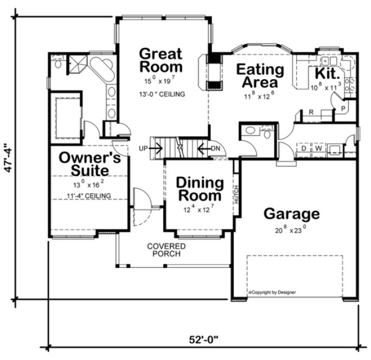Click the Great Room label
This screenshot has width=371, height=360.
coord(161,60)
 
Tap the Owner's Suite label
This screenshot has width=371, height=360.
coord(89,163)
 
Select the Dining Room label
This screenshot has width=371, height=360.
coord(199,189)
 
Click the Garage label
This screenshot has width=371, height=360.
coord(291,214)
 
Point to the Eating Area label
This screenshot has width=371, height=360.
coord(260,76)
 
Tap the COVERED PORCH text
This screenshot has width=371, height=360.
coord(166,249)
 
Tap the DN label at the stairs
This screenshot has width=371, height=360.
coord(215,147)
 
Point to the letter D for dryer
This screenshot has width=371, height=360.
coord(304,147)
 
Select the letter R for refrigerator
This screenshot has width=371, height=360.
coord(311,113)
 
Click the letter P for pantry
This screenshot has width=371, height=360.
coord(343,108)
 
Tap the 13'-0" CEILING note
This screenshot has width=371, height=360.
coord(161,94)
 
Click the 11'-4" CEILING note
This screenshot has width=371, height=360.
coord(89,196)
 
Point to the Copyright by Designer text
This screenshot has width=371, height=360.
coord(272,292)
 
